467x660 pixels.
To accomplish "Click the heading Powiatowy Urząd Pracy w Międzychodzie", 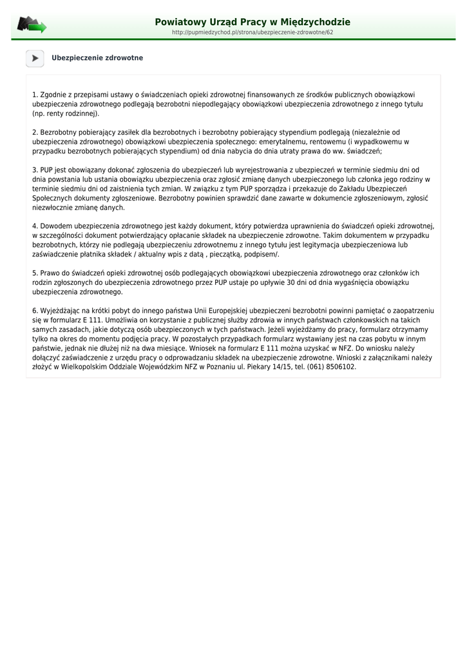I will [x=253, y=22].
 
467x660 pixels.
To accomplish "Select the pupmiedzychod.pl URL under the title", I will [x=253, y=32].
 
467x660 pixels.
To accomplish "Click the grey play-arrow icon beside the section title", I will [x=35, y=58].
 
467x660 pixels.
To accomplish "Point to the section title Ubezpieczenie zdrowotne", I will [x=97, y=58].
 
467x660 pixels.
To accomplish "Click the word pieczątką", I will [x=229, y=255].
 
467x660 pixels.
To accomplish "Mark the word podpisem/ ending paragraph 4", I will [x=263, y=255].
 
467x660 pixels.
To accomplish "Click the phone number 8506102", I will [x=341, y=367].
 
